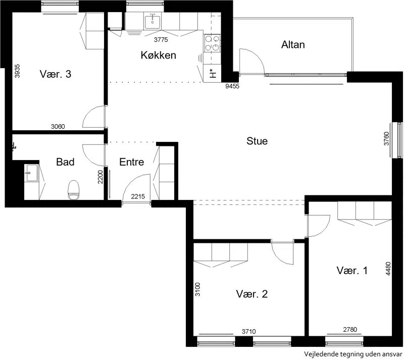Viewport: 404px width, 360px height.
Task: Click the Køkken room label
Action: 158,55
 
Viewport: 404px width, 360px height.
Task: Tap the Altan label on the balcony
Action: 293,44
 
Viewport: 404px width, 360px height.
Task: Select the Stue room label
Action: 257,141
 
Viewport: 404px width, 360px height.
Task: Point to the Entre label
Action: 131,162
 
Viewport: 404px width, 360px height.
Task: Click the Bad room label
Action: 65,162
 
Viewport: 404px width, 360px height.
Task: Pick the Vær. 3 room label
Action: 56,74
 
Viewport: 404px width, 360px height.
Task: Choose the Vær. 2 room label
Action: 251,294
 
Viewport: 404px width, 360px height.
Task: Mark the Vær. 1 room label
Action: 352,271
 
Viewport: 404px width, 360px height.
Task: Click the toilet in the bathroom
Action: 73,190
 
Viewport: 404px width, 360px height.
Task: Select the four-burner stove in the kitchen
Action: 212,43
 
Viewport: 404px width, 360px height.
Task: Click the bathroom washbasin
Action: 31,173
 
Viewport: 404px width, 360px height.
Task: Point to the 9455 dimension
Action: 232,86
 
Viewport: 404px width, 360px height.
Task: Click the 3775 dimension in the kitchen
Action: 161,40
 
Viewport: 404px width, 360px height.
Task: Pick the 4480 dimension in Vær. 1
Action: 388,269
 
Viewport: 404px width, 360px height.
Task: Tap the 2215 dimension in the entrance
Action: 138,196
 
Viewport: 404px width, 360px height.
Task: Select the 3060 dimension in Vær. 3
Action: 58,127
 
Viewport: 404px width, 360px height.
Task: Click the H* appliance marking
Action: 213,73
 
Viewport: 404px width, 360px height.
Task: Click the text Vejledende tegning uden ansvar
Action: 353,354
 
